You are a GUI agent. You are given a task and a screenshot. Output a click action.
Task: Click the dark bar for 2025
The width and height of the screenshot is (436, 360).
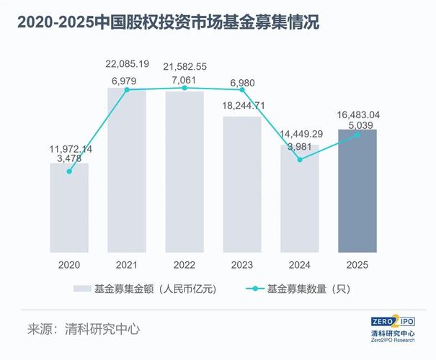(x=357, y=191)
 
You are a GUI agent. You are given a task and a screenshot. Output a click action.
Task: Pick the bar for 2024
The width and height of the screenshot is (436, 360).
(x=300, y=199)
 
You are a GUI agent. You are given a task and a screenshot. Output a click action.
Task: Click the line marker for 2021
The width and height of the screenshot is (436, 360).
(x=127, y=90)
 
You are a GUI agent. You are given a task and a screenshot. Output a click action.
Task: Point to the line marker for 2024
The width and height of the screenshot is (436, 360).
(x=300, y=159)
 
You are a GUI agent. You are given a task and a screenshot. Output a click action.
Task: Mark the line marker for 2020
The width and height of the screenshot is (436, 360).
(x=69, y=171)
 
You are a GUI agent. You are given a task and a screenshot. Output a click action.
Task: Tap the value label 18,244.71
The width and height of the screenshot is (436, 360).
(x=241, y=106)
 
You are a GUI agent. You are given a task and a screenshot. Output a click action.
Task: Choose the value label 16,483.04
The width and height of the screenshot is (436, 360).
(x=358, y=114)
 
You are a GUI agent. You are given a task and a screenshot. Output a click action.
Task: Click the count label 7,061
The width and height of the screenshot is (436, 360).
(x=184, y=78)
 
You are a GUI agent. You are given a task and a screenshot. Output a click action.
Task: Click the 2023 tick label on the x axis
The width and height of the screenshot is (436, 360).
(x=242, y=265)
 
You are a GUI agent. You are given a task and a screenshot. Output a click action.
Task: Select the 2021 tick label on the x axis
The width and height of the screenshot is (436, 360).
(x=127, y=265)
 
